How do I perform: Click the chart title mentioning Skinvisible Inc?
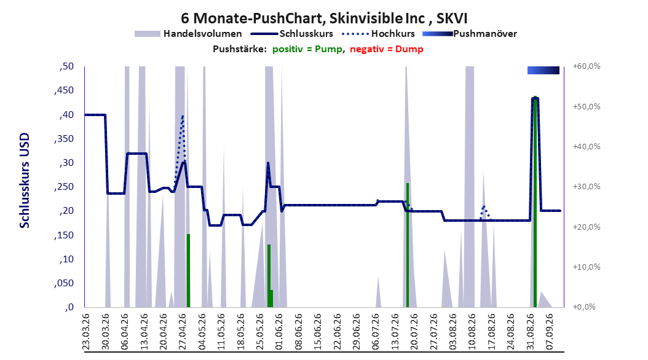(x=324, y=18)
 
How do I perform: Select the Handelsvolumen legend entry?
(x=188, y=34)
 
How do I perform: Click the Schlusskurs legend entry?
(x=292, y=34)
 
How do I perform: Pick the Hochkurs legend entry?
(x=378, y=34)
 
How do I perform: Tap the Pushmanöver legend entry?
(x=470, y=34)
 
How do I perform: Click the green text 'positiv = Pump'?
(x=307, y=49)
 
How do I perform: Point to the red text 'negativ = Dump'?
(x=387, y=49)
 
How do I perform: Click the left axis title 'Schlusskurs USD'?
(x=25, y=181)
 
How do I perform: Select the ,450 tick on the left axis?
(x=64, y=90)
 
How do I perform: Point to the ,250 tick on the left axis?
(x=64, y=187)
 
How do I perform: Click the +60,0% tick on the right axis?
(x=587, y=66)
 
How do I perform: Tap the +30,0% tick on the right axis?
(x=587, y=187)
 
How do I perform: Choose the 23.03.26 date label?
(x=86, y=332)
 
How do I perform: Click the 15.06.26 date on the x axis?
(x=318, y=332)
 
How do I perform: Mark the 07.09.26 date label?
(x=550, y=332)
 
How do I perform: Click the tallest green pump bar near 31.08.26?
(x=535, y=202)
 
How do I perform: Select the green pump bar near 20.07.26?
(x=408, y=245)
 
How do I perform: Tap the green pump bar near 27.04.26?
(x=189, y=270)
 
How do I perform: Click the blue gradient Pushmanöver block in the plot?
(x=543, y=71)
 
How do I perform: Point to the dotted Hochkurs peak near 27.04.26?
(x=182, y=117)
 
